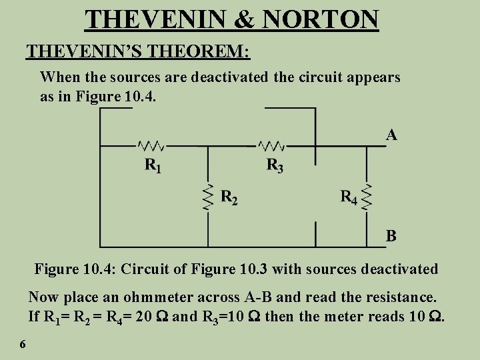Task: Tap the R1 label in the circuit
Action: [x=153, y=165]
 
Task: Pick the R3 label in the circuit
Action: [x=275, y=165]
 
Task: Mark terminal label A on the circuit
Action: [x=392, y=135]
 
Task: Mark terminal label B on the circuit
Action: [x=392, y=235]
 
